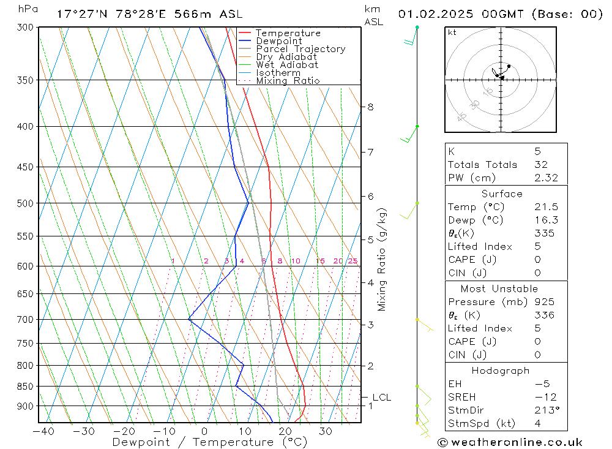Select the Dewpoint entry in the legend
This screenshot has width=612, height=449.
(x=278, y=41)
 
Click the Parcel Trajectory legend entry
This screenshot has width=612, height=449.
(x=300, y=49)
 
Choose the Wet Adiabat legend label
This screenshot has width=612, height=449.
(x=287, y=65)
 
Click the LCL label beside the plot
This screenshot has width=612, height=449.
(x=381, y=398)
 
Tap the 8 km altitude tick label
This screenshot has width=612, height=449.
(x=370, y=107)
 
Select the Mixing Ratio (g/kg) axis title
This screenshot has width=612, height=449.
(x=382, y=259)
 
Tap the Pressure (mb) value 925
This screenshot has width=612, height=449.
(x=543, y=302)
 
